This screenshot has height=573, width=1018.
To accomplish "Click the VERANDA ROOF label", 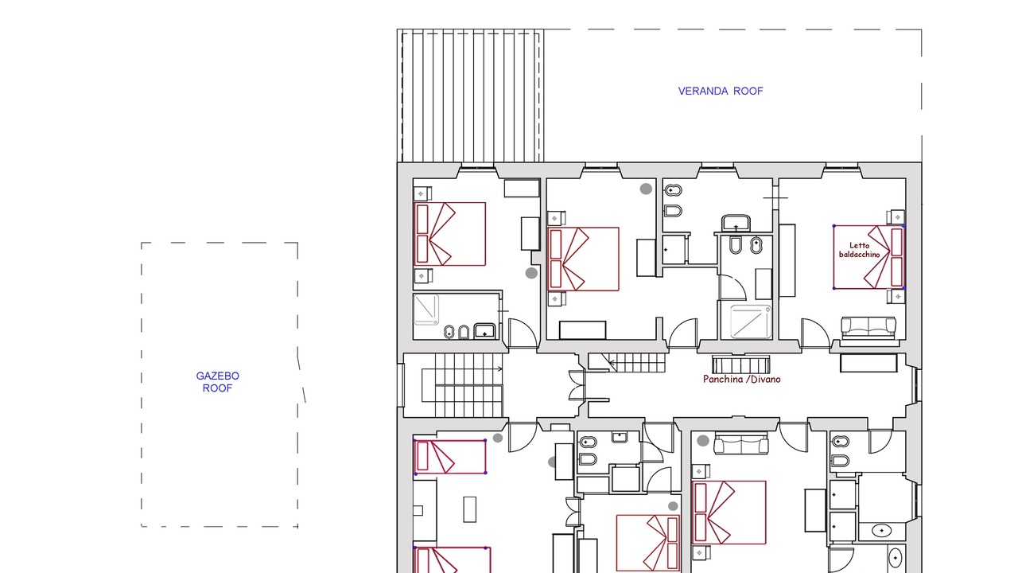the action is (x=721, y=91).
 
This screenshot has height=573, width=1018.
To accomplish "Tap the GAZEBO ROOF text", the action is (x=217, y=382).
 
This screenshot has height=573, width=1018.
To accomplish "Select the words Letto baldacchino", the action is (x=860, y=250).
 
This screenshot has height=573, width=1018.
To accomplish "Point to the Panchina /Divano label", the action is (x=742, y=380).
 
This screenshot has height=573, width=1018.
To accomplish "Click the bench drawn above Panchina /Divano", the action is (x=740, y=364).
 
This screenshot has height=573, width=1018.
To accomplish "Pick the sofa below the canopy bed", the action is (x=868, y=328).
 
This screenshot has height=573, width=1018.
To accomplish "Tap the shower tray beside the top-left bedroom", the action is (x=425, y=310).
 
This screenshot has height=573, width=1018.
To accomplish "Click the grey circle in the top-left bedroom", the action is (x=531, y=273).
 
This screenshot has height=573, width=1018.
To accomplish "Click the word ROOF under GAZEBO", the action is (x=217, y=388).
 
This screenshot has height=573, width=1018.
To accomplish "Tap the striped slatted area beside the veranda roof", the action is (x=470, y=95).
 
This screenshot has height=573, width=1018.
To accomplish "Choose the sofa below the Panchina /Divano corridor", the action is (x=741, y=444).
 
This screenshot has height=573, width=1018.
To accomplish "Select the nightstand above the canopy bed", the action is (x=896, y=217).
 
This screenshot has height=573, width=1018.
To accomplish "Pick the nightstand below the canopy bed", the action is (x=896, y=297).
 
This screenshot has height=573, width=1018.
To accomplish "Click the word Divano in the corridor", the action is (x=765, y=380).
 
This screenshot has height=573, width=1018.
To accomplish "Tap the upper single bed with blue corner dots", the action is (x=450, y=457).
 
